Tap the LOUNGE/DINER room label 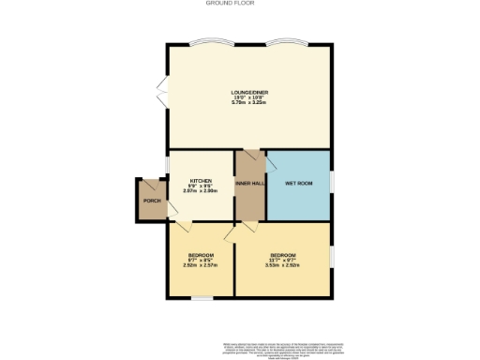(x=249, y=92)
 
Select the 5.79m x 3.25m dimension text (x=249, y=102)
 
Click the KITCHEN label (x=202, y=181)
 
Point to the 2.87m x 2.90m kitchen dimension (x=202, y=191)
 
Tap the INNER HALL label (x=250, y=183)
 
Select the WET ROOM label (x=298, y=183)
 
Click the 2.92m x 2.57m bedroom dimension (x=201, y=265)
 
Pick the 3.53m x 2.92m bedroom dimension (x=283, y=265)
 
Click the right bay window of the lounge (x=286, y=43)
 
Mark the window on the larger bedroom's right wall (x=332, y=255)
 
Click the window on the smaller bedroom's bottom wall (x=200, y=298)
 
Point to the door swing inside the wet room (x=273, y=160)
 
